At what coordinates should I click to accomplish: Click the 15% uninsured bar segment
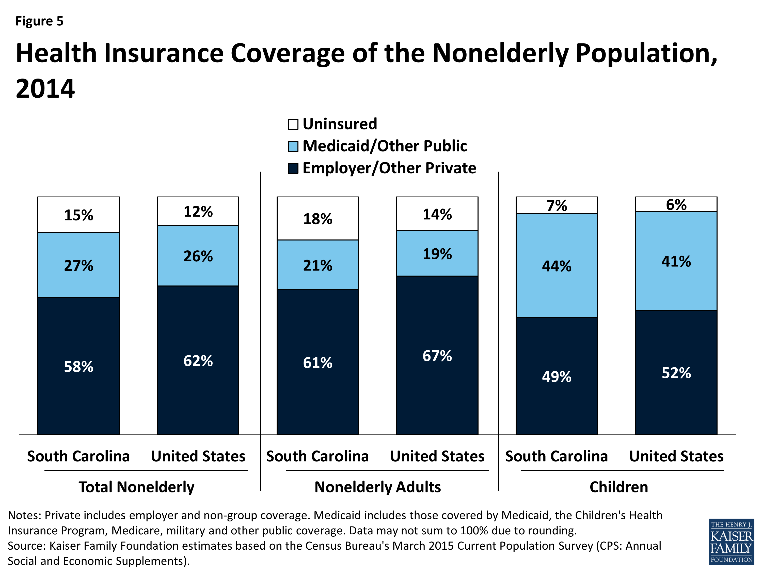[x=78, y=215]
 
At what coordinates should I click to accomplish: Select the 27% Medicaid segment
[x=78, y=265]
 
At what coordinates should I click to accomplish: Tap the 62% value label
[x=198, y=361]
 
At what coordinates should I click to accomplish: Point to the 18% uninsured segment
[x=317, y=219]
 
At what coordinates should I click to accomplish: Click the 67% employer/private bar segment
[x=437, y=355]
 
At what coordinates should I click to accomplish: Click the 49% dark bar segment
[x=556, y=376]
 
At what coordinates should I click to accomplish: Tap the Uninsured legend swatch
[x=293, y=124]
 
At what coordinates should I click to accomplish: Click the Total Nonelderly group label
[x=136, y=487]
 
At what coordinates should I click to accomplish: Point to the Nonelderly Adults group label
[x=377, y=487]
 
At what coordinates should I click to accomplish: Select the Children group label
[x=619, y=487]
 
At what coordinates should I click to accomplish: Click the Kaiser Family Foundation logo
[x=731, y=541]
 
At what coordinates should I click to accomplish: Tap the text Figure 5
[x=40, y=21]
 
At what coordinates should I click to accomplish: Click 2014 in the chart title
[x=45, y=89]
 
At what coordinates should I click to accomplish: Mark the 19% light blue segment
[x=437, y=254]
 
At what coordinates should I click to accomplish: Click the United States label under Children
[x=676, y=456]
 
